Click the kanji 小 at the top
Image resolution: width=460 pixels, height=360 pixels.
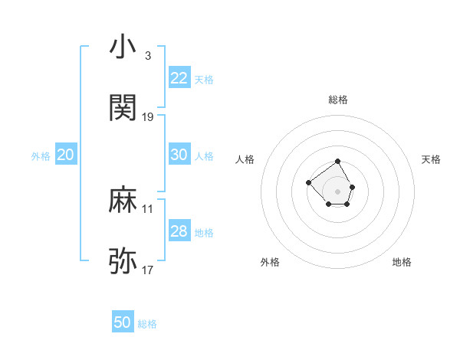click(123, 47)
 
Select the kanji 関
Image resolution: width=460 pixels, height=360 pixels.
click(123, 108)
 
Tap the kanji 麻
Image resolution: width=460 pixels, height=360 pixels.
click(123, 201)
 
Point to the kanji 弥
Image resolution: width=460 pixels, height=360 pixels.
click(123, 261)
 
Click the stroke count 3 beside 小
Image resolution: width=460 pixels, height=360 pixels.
click(148, 56)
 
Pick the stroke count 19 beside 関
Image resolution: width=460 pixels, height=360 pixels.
click(148, 117)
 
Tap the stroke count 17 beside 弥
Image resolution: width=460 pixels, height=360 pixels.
click(148, 270)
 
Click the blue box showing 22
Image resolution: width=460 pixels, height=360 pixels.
click(179, 78)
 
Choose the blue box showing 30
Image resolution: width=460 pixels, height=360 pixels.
click(179, 155)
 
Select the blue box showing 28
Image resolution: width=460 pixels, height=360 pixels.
click(179, 231)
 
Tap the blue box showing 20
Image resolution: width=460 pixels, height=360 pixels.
click(65, 155)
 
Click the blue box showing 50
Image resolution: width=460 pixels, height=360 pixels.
click(123, 322)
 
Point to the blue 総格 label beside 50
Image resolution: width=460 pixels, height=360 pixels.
click(147, 324)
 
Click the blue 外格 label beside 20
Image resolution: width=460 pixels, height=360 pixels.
click(41, 156)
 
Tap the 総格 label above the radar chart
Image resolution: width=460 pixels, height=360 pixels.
click(338, 100)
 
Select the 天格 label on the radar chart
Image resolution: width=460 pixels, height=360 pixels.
click(431, 159)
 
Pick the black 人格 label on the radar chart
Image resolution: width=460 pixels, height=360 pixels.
click(245, 159)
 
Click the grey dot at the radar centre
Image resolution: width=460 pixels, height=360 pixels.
click(338, 191)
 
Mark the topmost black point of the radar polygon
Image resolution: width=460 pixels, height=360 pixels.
click(338, 162)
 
